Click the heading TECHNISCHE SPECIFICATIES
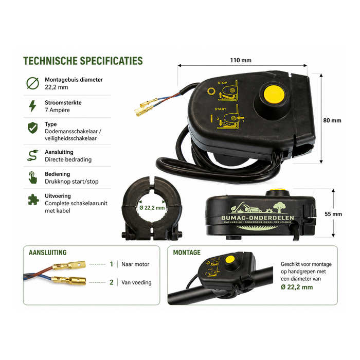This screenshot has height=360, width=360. pyautogui.click(x=83, y=61)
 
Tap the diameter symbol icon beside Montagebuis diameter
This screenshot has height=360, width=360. pyautogui.click(x=32, y=83)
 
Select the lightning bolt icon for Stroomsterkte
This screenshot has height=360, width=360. pyautogui.click(x=32, y=106)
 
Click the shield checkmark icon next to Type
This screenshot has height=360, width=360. pyautogui.click(x=32, y=128)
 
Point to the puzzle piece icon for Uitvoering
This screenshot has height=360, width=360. pyautogui.click(x=32, y=199)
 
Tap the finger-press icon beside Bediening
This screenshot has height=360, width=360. pyautogui.click(x=32, y=177)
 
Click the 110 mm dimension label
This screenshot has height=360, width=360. pyautogui.click(x=241, y=60)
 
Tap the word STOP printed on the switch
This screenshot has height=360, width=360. pyautogui.click(x=222, y=82)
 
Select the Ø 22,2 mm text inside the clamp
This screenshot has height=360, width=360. pyautogui.click(x=152, y=208)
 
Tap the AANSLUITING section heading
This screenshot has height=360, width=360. pyautogui.click(x=48, y=253)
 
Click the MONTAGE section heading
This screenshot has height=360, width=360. pyautogui.click(x=187, y=253)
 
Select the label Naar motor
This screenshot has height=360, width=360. pyautogui.click(x=135, y=264)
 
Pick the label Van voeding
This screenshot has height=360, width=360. pyautogui.click(x=136, y=282)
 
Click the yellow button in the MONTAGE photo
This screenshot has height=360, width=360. pyautogui.click(x=231, y=259)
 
